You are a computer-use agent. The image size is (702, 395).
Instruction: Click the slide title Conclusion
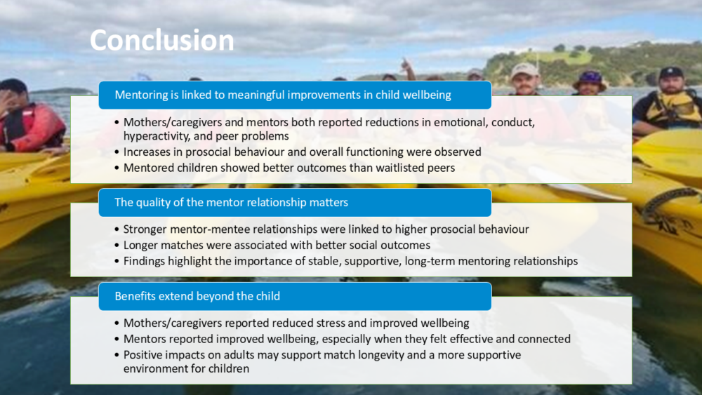[161, 40]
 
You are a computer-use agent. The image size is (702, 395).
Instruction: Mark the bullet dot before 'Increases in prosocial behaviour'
[117, 152]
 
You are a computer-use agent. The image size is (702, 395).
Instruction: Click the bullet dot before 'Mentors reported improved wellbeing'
[117, 339]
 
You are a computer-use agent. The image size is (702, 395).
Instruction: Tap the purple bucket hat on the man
[590, 79]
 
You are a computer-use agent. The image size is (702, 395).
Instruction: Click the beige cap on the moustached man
[524, 69]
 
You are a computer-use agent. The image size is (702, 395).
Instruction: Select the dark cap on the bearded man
[671, 72]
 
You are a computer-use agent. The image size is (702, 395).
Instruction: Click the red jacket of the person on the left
[34, 126]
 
